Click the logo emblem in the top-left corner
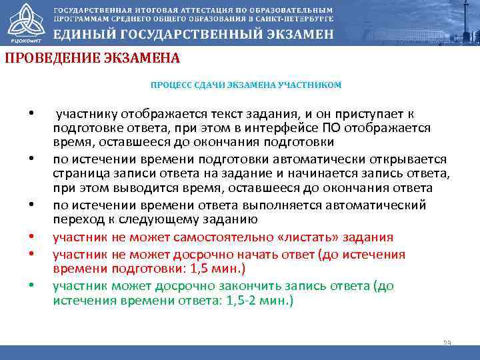[x=22, y=22]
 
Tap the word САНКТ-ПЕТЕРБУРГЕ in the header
[x=295, y=20]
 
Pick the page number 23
[x=447, y=343]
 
